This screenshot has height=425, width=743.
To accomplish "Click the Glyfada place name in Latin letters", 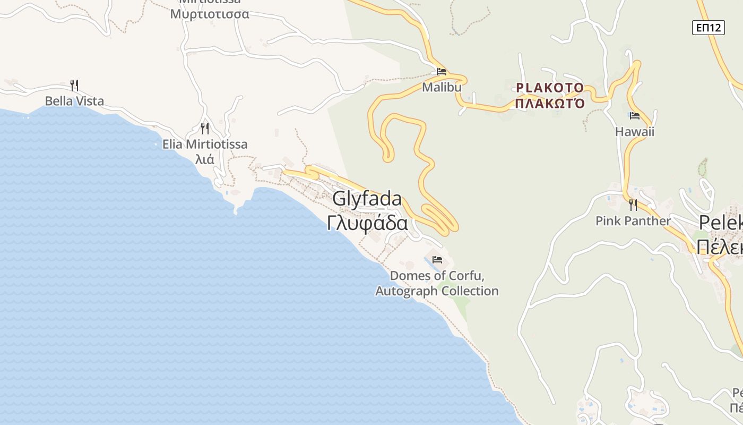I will (x=367, y=199).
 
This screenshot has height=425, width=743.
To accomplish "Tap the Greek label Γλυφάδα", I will (x=367, y=224).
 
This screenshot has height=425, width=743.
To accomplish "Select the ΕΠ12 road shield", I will (x=708, y=28).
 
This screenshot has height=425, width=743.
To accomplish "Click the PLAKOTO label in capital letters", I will (x=550, y=88).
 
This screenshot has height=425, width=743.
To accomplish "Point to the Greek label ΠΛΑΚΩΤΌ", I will (x=550, y=103).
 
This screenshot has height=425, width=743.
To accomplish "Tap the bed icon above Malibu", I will (x=441, y=72).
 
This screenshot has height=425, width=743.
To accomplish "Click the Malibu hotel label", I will (x=442, y=87).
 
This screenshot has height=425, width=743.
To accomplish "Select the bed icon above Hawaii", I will (x=634, y=116).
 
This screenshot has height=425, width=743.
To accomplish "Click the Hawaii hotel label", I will (x=635, y=132).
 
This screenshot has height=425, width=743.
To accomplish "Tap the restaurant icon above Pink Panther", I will (x=633, y=205).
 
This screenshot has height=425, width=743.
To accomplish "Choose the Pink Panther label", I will (x=633, y=221).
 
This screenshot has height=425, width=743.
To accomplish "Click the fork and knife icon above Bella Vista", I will (x=74, y=85).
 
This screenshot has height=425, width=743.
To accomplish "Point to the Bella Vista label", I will (x=74, y=101).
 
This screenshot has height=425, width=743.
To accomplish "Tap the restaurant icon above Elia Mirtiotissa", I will (x=205, y=128).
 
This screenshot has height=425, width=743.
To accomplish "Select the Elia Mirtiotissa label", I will (x=205, y=144).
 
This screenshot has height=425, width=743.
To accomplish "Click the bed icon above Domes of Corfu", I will (x=437, y=260).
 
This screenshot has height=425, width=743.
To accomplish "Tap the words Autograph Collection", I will (x=437, y=291).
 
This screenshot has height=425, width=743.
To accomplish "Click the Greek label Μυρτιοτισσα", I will (x=209, y=14).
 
